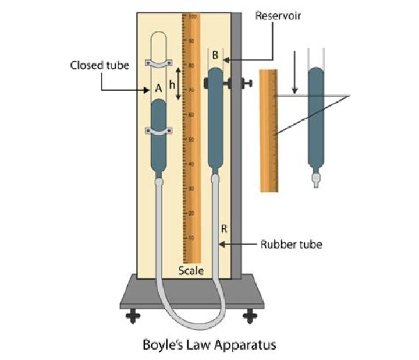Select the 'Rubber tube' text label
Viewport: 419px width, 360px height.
pos(290,244)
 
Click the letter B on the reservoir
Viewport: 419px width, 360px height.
pos(215,56)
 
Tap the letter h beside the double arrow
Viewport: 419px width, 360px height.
pos(172,84)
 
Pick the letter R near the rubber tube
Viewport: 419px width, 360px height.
pos(223,230)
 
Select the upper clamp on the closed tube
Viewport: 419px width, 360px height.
pos(158,63)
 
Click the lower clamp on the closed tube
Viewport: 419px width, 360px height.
pos(158,132)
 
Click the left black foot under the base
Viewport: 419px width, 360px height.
pos(133,316)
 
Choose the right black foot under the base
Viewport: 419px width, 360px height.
pos(250,316)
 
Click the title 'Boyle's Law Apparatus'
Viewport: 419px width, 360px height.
pos(210,344)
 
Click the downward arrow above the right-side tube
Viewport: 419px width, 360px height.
pos(295,73)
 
